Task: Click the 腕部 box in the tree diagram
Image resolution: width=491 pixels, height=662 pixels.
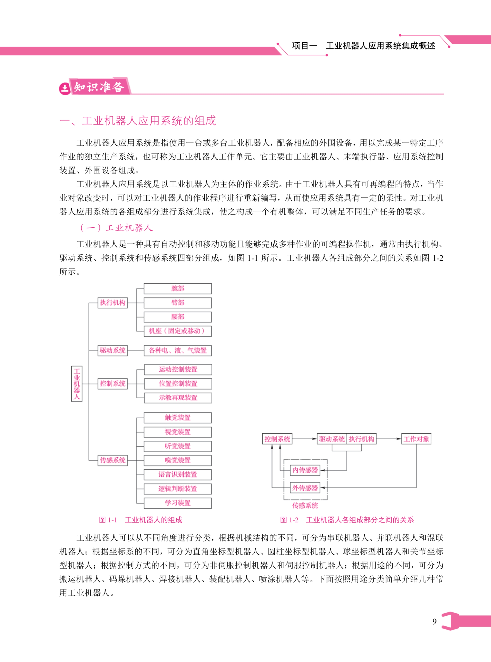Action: click(178, 288)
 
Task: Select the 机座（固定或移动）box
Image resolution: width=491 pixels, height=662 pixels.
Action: click(178, 331)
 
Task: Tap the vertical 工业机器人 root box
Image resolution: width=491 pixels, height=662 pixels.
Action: click(77, 384)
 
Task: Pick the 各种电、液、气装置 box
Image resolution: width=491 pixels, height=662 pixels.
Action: click(178, 351)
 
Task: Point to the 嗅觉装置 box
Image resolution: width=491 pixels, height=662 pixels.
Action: click(178, 460)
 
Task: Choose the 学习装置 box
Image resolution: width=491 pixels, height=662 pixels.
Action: click(178, 503)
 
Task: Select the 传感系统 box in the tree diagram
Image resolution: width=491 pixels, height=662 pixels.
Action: click(113, 460)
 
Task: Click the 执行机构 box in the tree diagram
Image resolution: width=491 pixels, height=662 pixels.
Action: click(113, 303)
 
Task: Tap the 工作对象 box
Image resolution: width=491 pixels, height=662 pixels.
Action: click(416, 439)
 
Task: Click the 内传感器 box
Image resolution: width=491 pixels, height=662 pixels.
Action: click(305, 470)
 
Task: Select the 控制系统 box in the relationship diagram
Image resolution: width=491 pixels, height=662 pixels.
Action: click(277, 439)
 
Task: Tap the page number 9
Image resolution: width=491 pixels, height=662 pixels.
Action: click(435, 622)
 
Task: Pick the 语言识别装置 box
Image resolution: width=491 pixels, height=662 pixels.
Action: click(178, 475)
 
